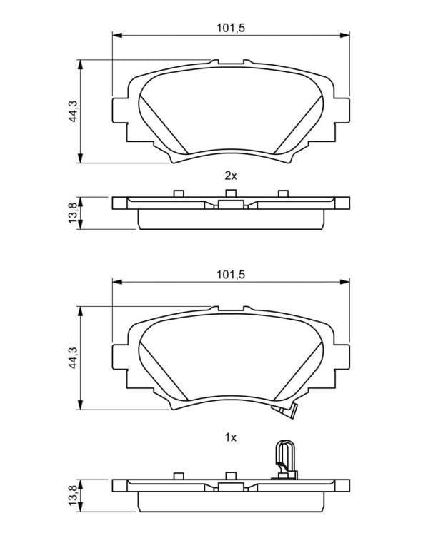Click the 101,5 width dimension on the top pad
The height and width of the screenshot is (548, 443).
click(231, 28)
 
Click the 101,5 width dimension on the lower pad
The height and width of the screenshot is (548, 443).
click(231, 275)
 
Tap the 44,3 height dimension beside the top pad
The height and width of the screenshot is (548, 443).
click(72, 111)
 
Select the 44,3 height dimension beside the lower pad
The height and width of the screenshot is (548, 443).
click(72, 358)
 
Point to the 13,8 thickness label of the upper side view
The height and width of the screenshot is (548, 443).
click(73, 213)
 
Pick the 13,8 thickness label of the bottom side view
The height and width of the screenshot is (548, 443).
click(73, 495)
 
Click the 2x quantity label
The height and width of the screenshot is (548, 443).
click(231, 176)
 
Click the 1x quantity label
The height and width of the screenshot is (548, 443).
click(231, 437)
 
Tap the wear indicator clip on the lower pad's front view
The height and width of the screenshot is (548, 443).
click(286, 411)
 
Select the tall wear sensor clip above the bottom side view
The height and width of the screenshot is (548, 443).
click(285, 459)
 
